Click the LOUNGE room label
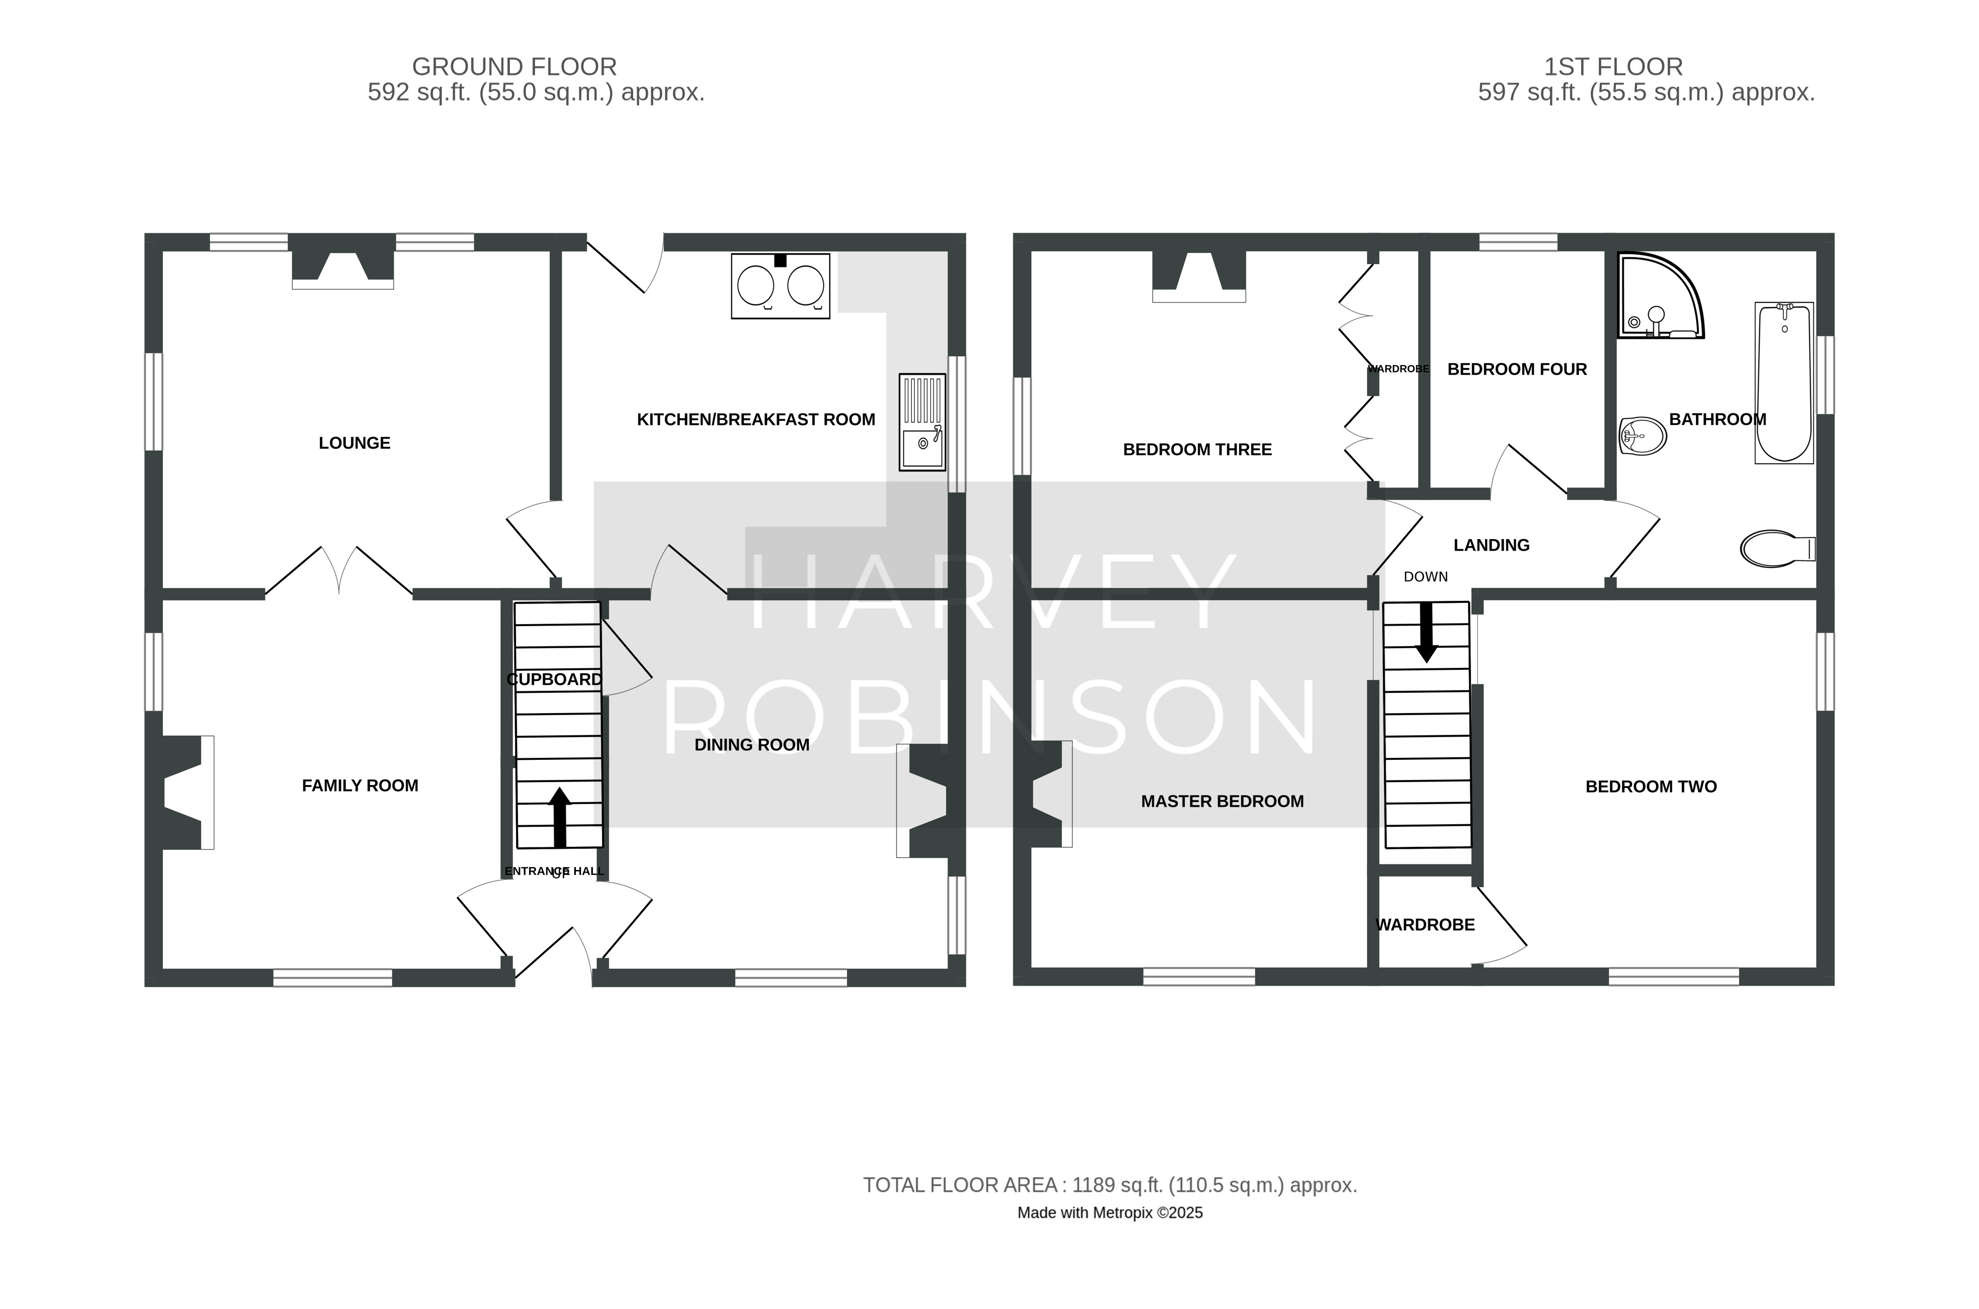[x=354, y=444]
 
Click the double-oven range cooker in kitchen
[x=781, y=286]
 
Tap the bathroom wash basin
[x=1643, y=436]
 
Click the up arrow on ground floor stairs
[x=559, y=817]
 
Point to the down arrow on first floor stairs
[x=1426, y=633]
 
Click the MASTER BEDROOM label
[x=1222, y=802]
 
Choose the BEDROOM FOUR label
[x=1517, y=369]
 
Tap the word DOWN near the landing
[x=1426, y=577]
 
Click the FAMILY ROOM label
[x=360, y=786]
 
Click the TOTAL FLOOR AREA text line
[x=1110, y=1185]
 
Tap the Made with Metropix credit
[x=1110, y=1213]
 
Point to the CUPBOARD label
[x=554, y=679]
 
